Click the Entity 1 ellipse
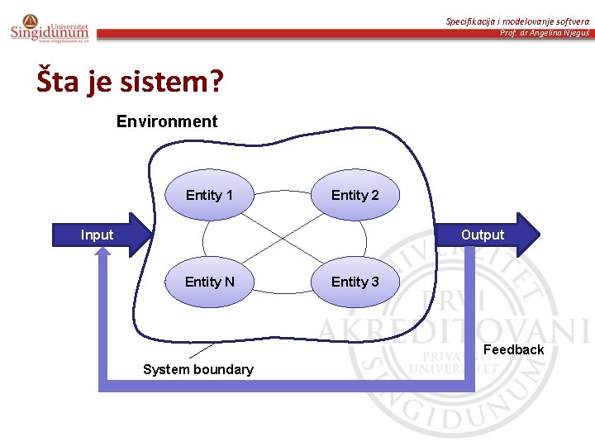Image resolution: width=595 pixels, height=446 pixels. pos(209,195)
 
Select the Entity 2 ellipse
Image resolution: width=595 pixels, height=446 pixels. pos(355,195)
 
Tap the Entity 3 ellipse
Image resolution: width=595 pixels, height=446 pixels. pos(355,282)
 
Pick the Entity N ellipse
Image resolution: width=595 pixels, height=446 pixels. pos(209,282)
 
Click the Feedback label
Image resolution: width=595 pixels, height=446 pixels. pos(513,349)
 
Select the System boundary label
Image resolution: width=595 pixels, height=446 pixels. pos(198,369)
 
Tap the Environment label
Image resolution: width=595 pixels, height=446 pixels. pos(167,121)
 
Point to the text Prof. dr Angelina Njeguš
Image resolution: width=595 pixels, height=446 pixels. pos(545,33)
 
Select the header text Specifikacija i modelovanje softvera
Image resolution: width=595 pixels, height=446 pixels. pos(517,21)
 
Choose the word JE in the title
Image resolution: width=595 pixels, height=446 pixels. pos(106,82)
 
